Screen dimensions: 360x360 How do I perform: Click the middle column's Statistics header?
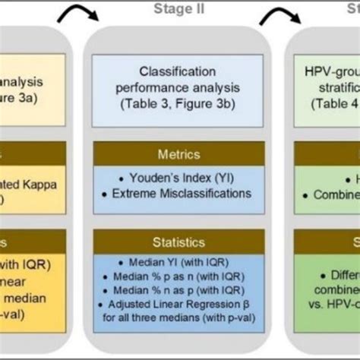click(x=180, y=243)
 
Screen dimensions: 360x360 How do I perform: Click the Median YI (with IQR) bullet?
click(x=180, y=264)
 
